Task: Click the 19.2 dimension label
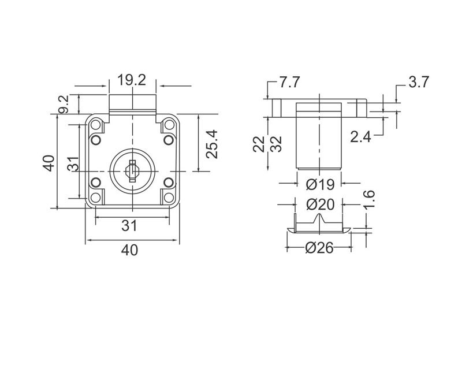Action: point(132,81)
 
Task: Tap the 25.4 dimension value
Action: point(212,144)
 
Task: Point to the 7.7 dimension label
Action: point(289,83)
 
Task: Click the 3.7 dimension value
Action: point(418,82)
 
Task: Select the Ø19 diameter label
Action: point(321,184)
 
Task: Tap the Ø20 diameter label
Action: point(321,204)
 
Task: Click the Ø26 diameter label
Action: point(319,248)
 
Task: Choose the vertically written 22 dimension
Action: point(259,143)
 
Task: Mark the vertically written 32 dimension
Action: point(276,143)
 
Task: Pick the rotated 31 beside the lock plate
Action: point(72,162)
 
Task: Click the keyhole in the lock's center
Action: point(132,169)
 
